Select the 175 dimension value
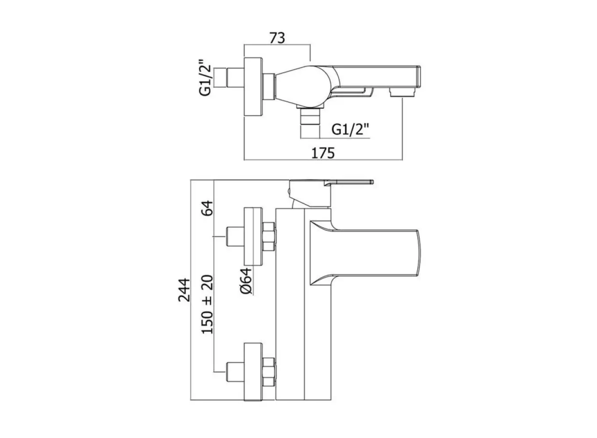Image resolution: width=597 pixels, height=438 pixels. click(x=323, y=153)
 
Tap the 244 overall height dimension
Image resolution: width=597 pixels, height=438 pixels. click(x=184, y=290)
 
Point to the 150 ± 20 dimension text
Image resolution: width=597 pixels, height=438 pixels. click(x=207, y=304)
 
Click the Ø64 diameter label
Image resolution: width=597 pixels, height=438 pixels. click(x=246, y=281)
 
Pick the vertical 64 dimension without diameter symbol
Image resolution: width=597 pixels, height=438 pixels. click(x=207, y=208)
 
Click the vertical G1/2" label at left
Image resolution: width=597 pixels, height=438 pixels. click(x=206, y=78)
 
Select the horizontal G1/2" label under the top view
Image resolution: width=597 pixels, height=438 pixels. click(x=351, y=129)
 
